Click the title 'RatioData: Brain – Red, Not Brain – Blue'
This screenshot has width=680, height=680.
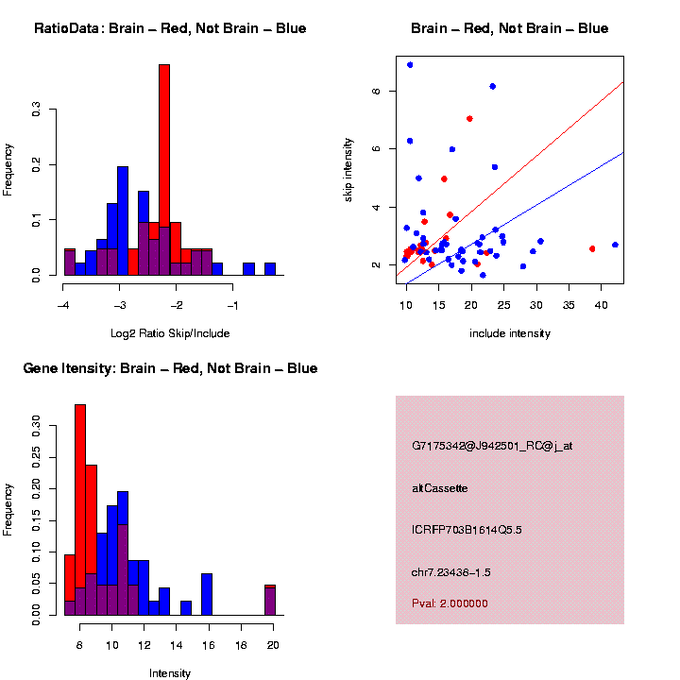click(170, 28)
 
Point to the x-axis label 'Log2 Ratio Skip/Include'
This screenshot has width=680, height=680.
click(171, 333)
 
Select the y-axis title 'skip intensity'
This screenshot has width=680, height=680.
click(348, 168)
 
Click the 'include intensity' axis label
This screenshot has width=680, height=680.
click(510, 333)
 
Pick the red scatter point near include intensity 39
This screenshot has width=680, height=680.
click(592, 248)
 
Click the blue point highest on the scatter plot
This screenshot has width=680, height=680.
click(410, 65)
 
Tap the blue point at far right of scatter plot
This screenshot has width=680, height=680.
click(615, 245)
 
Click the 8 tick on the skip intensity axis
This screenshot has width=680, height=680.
click(375, 91)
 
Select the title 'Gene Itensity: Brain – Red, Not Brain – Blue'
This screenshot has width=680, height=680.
click(170, 368)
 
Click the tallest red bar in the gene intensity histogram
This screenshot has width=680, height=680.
click(80, 510)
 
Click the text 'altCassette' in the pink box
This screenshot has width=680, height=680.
click(440, 488)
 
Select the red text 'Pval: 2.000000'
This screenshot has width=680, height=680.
click(455, 603)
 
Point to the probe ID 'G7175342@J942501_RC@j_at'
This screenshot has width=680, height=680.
click(492, 446)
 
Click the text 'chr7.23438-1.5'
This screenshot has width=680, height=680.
click(451, 572)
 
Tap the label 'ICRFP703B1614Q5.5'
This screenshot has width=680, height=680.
click(467, 530)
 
